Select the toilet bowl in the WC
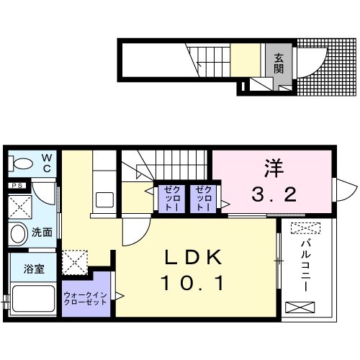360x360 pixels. [22, 163]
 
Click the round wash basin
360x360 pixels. [19, 233]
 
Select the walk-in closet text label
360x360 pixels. [86, 298]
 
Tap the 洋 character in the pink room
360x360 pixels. [274, 170]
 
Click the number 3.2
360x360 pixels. [274, 193]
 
